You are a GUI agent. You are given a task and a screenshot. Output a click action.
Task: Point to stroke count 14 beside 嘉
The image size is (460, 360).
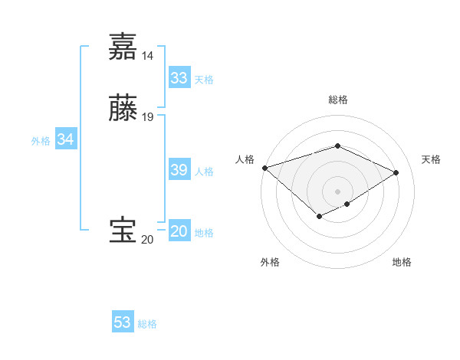tap(147, 56)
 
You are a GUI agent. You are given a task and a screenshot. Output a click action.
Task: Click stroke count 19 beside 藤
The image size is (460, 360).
tap(148, 117)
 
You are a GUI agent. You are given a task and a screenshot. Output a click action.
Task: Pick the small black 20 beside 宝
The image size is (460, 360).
tap(147, 240)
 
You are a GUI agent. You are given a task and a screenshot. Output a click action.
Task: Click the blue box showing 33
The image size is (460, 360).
tap(179, 78)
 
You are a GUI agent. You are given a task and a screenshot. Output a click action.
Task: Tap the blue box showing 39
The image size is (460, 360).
tap(179, 170)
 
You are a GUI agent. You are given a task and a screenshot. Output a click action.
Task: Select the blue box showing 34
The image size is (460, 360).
tap(65, 140)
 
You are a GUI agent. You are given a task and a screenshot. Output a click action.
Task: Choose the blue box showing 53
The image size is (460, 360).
tap(122, 322)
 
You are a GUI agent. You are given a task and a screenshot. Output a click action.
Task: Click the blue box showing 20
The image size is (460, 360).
tap(179, 231)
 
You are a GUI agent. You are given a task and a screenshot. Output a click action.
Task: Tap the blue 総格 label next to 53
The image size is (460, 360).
tap(147, 324)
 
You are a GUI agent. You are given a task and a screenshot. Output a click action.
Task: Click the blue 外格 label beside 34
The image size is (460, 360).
tap(41, 141)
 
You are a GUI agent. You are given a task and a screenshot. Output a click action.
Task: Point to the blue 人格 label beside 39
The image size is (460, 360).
tap(204, 172)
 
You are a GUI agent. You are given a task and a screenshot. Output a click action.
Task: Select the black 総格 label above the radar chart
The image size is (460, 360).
tap(337, 100)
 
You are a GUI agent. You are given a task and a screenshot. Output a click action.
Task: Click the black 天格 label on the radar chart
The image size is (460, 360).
tap(431, 159)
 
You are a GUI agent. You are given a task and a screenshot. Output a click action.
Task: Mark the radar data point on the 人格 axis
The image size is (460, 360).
tap(264, 167)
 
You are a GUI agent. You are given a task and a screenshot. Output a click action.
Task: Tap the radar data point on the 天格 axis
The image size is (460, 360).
tap(396, 172)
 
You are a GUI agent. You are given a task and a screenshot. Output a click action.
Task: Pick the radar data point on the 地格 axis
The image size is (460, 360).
tap(347, 204)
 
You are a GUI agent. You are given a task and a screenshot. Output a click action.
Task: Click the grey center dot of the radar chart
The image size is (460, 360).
tap(337, 191)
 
